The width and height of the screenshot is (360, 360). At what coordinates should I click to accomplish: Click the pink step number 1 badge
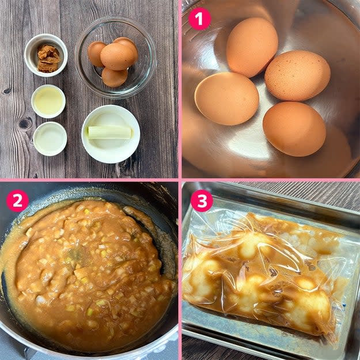click(x=199, y=18)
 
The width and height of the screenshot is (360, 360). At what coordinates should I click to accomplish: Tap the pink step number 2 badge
click(x=17, y=200)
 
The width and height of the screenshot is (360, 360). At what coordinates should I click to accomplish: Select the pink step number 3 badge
click(x=202, y=200)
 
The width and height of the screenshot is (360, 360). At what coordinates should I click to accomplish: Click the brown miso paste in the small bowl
click(x=48, y=58)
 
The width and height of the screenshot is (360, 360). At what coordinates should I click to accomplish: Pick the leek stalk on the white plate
click(x=110, y=132)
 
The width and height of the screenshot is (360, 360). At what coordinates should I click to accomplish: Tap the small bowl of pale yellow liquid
click(x=48, y=101)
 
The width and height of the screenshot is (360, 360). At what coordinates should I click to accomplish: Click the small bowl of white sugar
click(x=50, y=139)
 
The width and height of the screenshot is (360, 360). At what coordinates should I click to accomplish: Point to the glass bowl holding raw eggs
click(x=116, y=58)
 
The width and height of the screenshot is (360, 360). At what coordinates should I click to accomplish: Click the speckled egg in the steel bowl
click(x=297, y=75)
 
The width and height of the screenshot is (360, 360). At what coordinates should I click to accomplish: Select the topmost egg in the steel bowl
click(x=252, y=47)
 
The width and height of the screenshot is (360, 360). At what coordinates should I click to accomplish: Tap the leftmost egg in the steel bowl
click(x=226, y=98)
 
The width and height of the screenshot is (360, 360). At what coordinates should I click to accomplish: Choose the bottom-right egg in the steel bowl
click(x=294, y=129)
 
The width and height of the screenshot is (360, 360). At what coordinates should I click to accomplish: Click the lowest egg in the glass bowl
click(x=115, y=77)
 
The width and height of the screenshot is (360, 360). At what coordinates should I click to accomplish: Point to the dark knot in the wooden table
click(x=25, y=123)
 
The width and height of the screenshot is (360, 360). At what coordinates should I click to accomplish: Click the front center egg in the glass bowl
click(x=117, y=56)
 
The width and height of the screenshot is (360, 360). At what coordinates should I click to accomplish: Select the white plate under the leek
click(x=111, y=134)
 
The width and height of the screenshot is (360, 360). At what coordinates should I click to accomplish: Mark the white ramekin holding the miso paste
click(x=46, y=55)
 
